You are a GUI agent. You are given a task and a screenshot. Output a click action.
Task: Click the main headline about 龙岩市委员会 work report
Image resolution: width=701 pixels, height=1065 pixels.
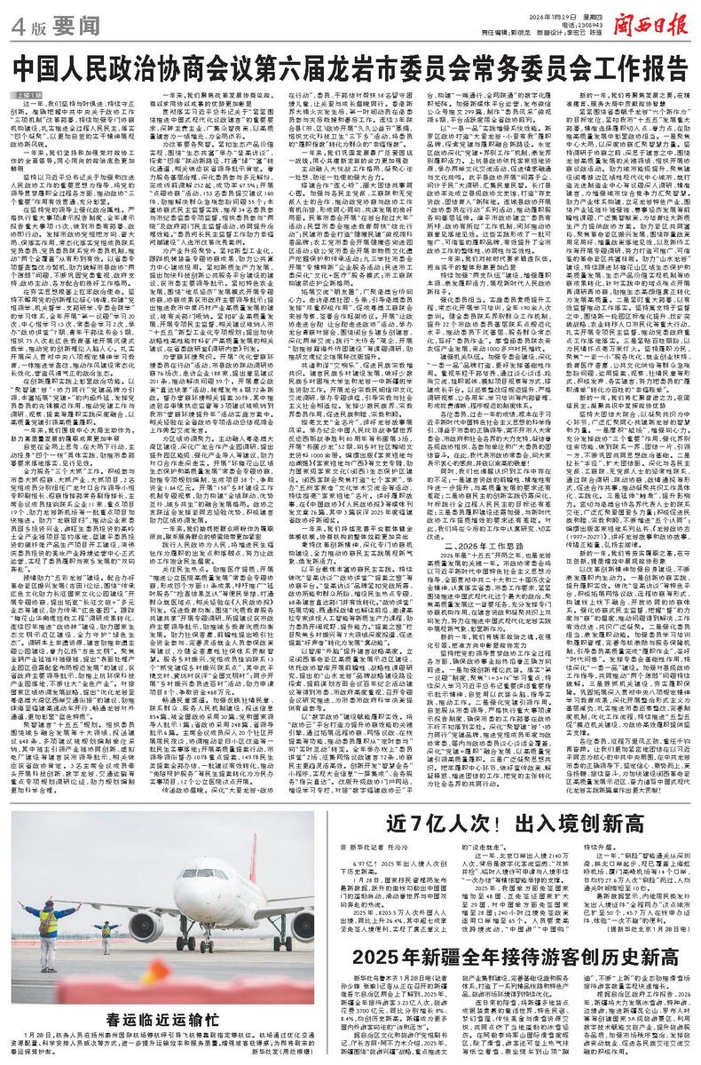point(350,67)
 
